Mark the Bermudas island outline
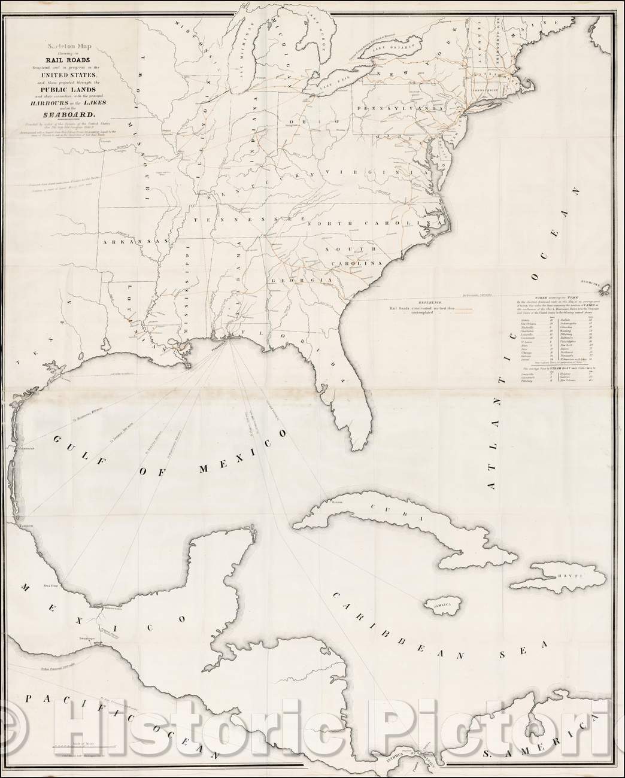pyautogui.click(x=606, y=290)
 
